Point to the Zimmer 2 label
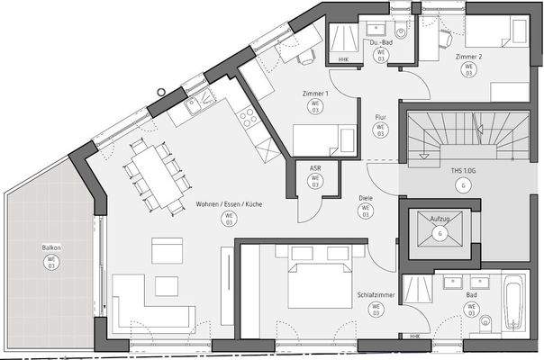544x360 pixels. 469,57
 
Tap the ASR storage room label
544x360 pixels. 314,167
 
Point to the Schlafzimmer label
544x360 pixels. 374,295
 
